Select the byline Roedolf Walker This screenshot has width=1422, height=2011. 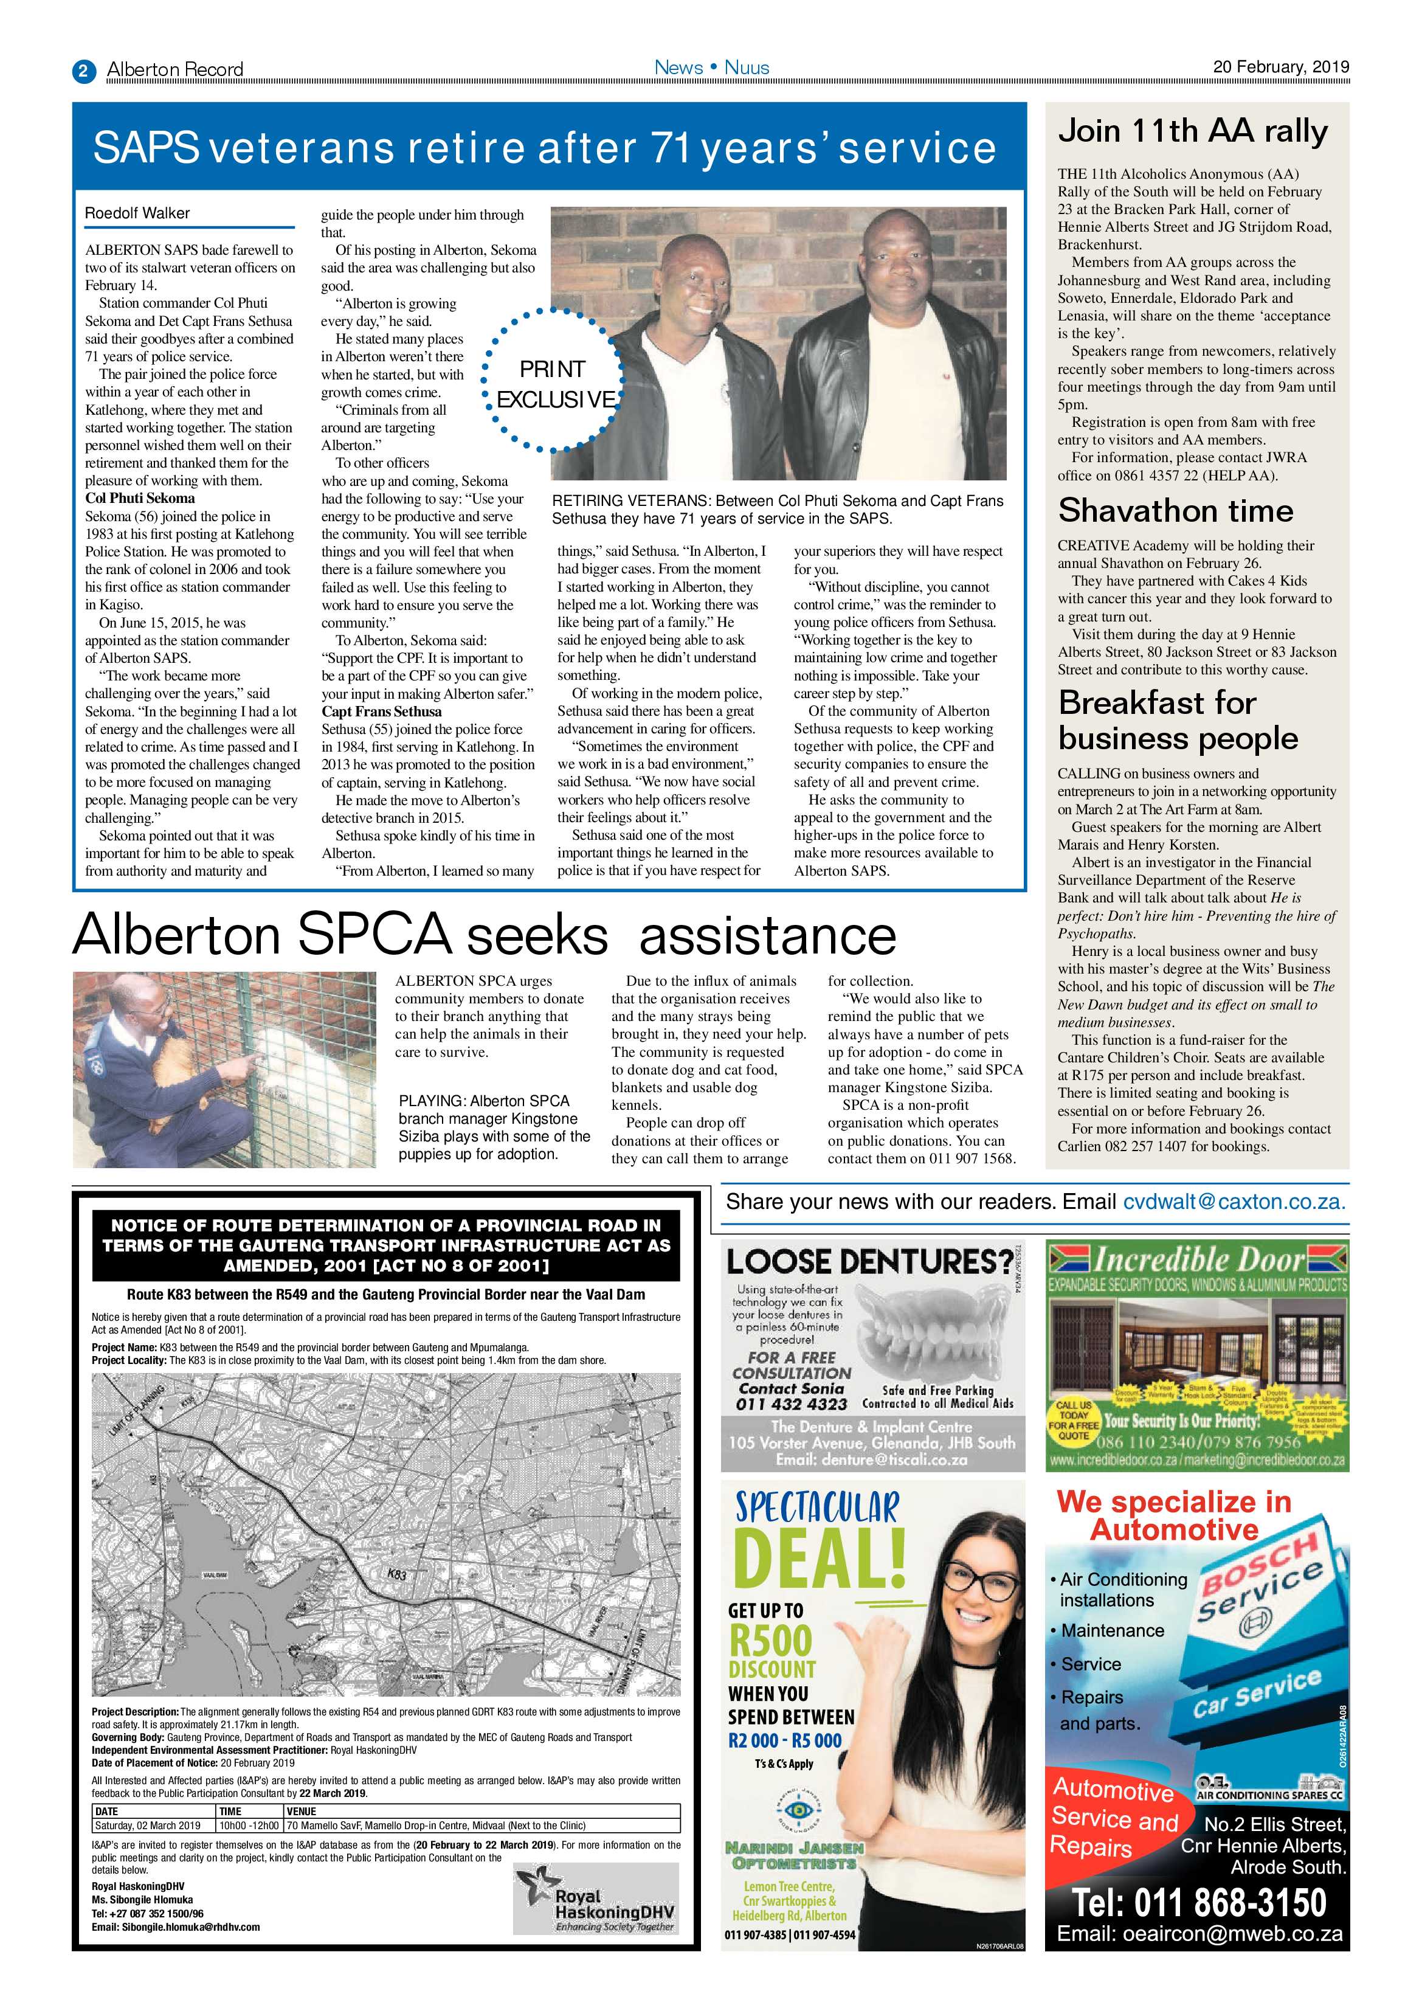point(137,213)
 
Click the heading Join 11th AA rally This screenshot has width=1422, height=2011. point(1193,131)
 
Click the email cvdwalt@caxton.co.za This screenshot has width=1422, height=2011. point(1234,1202)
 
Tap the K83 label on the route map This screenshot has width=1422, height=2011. point(396,1574)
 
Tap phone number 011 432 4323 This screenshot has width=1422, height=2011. point(792,1404)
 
